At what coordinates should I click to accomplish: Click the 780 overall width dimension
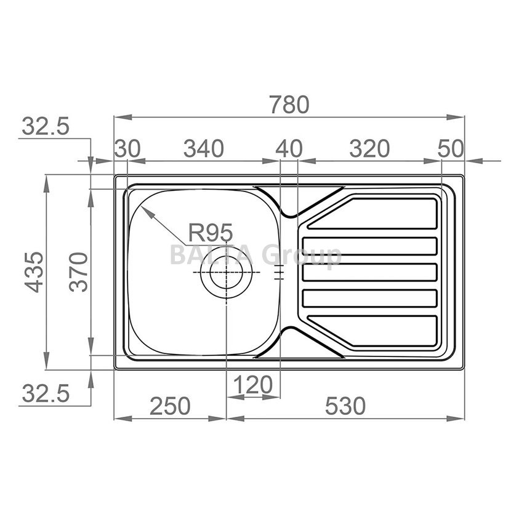tap(289, 105)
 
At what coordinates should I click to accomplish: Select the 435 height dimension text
tap(34, 272)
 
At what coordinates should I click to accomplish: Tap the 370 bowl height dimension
tap(79, 272)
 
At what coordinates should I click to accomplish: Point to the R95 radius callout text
tap(211, 232)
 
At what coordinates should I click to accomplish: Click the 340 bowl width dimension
tap(204, 148)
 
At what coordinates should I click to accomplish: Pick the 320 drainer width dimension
tap(369, 148)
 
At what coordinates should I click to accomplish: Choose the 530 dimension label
tap(345, 406)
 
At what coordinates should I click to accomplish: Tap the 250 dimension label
tap(170, 406)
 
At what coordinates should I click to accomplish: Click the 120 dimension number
tap(253, 385)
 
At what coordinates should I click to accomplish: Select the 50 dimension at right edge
tap(451, 148)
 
